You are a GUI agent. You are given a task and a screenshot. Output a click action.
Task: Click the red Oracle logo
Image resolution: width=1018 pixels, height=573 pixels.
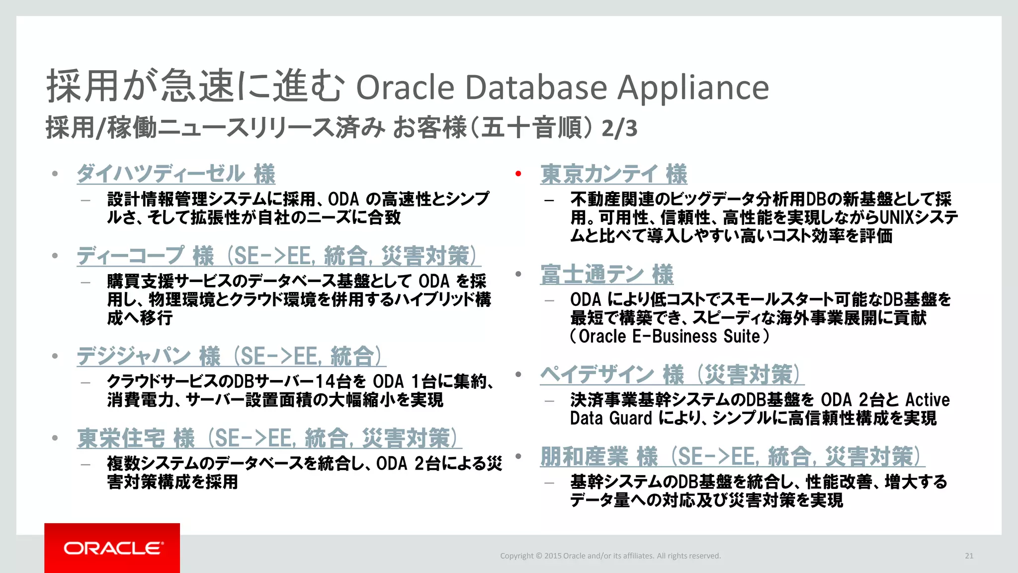tap(112, 548)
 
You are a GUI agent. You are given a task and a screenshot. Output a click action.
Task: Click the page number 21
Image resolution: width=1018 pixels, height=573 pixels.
tap(969, 556)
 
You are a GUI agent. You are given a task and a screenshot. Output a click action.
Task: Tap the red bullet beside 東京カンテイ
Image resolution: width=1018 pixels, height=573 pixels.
tap(518, 174)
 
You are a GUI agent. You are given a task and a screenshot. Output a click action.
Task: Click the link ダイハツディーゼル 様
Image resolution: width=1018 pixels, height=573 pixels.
tap(176, 174)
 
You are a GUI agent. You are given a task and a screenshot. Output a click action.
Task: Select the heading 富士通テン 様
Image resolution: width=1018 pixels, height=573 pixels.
tap(607, 275)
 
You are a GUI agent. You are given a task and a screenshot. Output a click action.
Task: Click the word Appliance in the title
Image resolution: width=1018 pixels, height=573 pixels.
tap(693, 87)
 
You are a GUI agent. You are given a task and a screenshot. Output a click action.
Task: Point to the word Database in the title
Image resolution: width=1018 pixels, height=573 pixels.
tap(536, 87)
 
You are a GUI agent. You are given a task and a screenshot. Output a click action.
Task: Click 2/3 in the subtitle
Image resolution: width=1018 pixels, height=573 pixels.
tap(619, 128)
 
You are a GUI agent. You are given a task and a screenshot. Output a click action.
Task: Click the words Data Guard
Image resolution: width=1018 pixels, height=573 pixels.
tap(611, 418)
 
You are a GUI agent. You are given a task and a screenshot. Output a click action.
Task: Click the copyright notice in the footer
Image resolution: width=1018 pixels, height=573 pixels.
tap(610, 556)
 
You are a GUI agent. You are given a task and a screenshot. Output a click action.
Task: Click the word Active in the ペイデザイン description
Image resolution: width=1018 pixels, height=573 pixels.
tap(927, 400)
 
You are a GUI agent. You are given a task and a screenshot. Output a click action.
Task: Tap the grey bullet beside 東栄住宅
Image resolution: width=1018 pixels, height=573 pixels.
tap(55, 438)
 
